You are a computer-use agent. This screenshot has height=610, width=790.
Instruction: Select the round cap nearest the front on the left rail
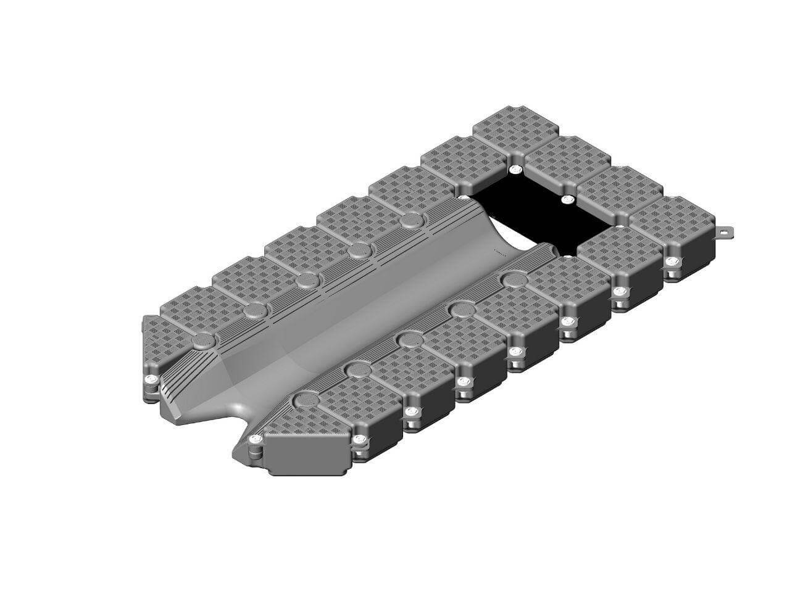pos(202,340)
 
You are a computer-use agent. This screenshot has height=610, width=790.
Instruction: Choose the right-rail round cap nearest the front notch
pos(304,399)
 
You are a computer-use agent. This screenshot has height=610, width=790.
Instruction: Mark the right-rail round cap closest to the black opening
pos(512,279)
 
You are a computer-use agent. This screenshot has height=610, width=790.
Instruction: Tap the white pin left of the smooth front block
pos(254,440)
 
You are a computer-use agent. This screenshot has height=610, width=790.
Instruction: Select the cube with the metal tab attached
pos(676,234)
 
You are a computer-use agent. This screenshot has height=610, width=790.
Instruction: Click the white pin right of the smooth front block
pos(360,440)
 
